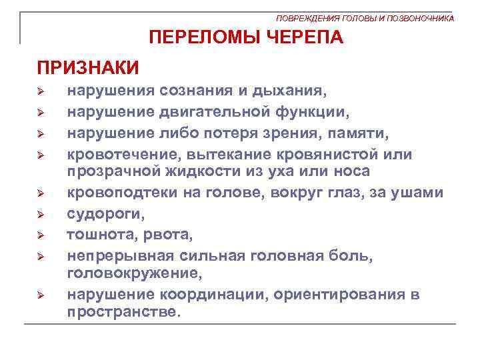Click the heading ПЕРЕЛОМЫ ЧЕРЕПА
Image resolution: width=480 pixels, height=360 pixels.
pos(247,37)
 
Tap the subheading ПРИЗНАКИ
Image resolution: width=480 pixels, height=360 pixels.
pos(88,67)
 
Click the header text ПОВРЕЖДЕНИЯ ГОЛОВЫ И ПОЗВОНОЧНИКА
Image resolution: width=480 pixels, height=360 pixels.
pos(365,18)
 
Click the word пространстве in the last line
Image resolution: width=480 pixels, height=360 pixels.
pos(123,311)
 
